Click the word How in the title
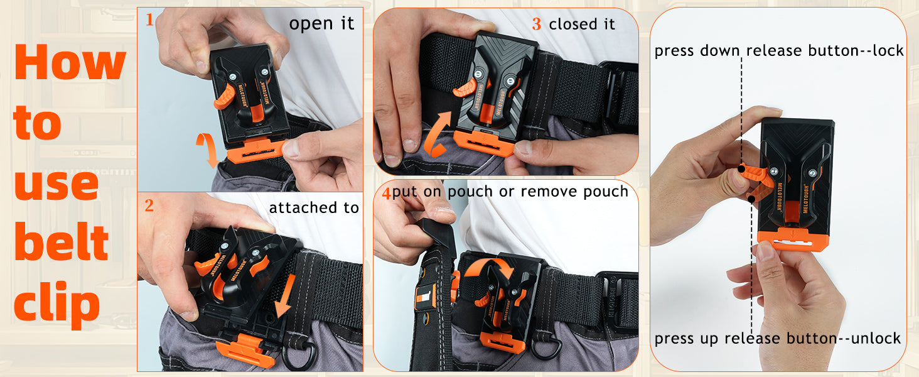click(x=70, y=62)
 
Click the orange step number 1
click(x=149, y=19)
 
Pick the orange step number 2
click(x=149, y=205)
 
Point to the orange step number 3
click(x=536, y=25)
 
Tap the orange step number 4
click(x=386, y=193)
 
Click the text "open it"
click(x=321, y=24)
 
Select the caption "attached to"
click(x=314, y=207)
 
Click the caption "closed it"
click(x=582, y=25)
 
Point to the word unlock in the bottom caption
click(x=876, y=338)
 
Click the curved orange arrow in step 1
click(x=208, y=150)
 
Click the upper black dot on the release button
click(x=741, y=168)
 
